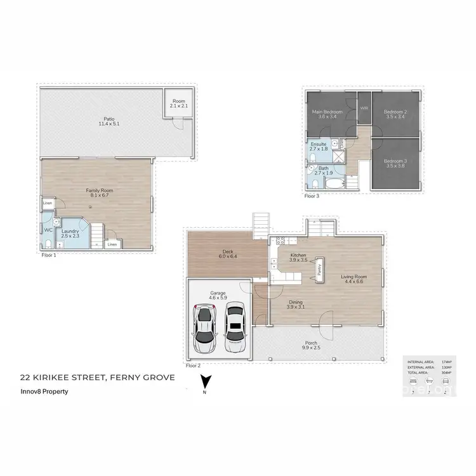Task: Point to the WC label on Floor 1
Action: (48, 230)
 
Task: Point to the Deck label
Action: (228, 253)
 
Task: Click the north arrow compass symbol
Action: (204, 383)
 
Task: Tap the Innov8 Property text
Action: (44, 392)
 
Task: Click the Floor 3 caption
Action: (312, 197)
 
